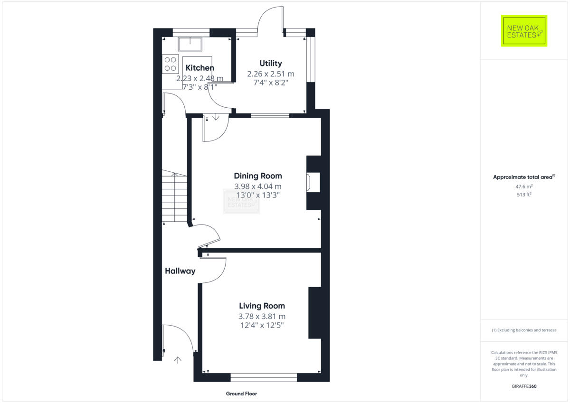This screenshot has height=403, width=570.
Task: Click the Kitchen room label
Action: (199, 68)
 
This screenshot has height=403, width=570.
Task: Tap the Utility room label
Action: (270, 63)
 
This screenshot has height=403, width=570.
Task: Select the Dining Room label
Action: (258, 176)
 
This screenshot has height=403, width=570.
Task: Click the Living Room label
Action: (262, 306)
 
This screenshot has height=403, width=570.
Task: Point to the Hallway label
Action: (180, 271)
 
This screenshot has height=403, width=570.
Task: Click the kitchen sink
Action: (190, 44)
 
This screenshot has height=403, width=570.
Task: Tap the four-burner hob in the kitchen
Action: (170, 64)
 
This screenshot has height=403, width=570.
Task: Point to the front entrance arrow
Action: (178, 360)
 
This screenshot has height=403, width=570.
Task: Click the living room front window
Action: (264, 377)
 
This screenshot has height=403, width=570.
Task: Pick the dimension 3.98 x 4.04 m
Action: (258, 187)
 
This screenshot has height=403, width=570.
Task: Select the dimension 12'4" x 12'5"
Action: (262, 325)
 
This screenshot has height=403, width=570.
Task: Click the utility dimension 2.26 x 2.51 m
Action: (270, 74)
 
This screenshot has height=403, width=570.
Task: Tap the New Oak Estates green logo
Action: (524, 31)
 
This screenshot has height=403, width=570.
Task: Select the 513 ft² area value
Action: (524, 195)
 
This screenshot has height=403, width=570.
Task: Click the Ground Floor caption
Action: (242, 394)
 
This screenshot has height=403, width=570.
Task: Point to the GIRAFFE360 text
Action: (524, 386)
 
